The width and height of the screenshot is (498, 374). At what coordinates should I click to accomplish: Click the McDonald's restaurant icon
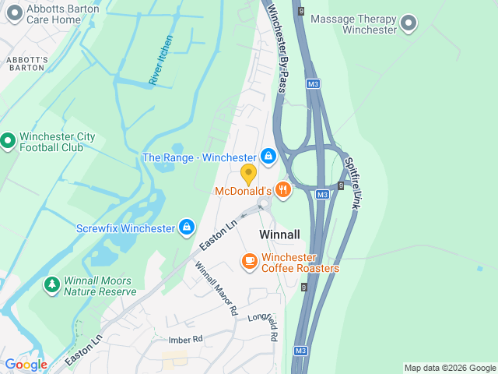coord(282,189)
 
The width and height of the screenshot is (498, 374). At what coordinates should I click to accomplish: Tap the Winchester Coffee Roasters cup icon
coord(249,261)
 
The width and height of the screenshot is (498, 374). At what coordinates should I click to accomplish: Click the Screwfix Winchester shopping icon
coord(187,228)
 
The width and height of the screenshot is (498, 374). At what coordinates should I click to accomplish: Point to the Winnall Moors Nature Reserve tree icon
coord(52,285)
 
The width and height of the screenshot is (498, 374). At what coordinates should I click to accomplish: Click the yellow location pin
coord(248,174)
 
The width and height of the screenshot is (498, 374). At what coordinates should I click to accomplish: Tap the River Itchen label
coord(161,60)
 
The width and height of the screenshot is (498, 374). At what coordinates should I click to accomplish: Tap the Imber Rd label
coord(185,340)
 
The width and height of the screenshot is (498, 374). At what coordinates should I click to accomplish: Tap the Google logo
coord(26,364)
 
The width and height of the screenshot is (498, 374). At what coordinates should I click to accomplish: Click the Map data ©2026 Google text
coord(449,368)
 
